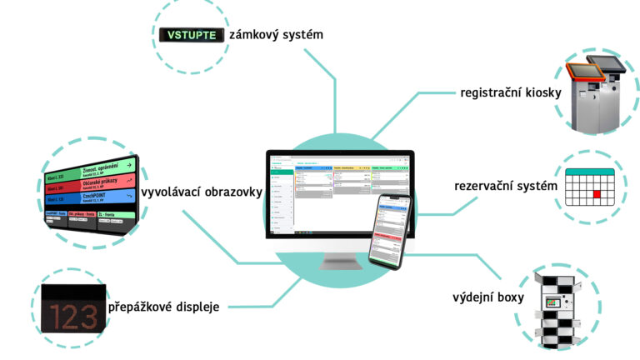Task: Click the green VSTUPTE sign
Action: coord(191,35)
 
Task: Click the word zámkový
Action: coord(257,35)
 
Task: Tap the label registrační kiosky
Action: coord(510,92)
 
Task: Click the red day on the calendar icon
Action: coord(596,194)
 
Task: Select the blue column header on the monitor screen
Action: coord(313,168)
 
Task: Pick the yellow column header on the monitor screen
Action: coord(349,168)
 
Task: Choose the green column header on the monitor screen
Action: coord(388,168)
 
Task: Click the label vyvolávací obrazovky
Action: coord(202,192)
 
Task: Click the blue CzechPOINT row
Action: coord(108,200)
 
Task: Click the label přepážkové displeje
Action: coord(163,307)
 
